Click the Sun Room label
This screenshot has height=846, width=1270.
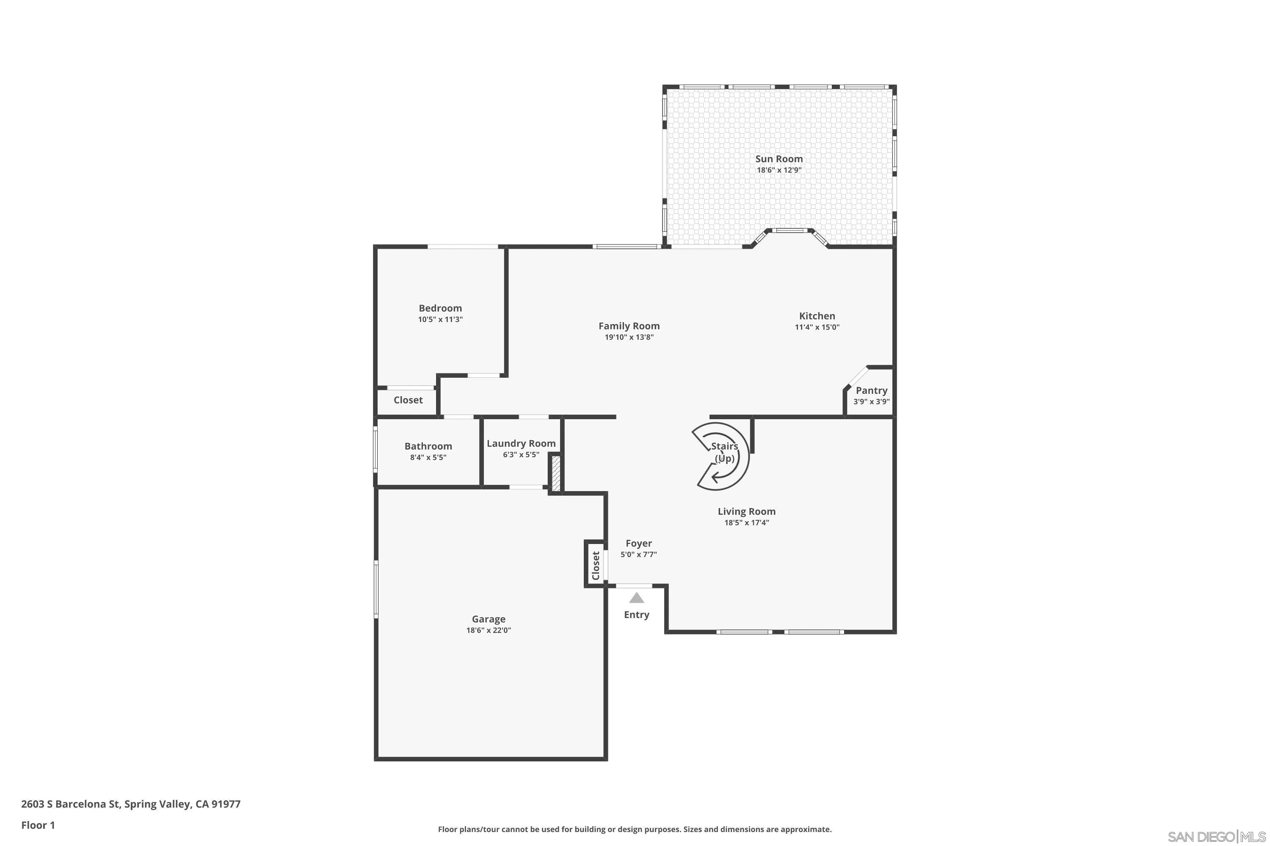coord(779,159)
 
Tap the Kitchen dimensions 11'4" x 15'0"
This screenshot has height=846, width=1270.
coord(817,327)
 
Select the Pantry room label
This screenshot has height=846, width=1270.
coord(871,390)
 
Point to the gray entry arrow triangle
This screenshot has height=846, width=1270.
coord(637,598)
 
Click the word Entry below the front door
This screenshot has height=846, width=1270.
coord(636,615)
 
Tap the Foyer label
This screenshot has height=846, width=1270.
coord(638,543)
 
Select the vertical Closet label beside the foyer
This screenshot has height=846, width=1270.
coord(596,565)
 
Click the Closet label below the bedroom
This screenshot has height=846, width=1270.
coord(408,400)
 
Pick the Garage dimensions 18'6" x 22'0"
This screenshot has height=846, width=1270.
coord(488,630)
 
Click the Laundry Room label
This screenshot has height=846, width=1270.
coord(521,443)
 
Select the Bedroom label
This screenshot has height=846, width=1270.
coord(440,308)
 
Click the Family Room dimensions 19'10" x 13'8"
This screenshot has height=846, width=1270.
coord(629,337)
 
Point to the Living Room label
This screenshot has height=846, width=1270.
coord(746,511)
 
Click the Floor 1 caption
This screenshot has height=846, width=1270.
coord(38,825)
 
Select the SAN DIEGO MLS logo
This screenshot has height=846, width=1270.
coord(1218,837)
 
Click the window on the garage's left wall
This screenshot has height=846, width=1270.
coord(376,589)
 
